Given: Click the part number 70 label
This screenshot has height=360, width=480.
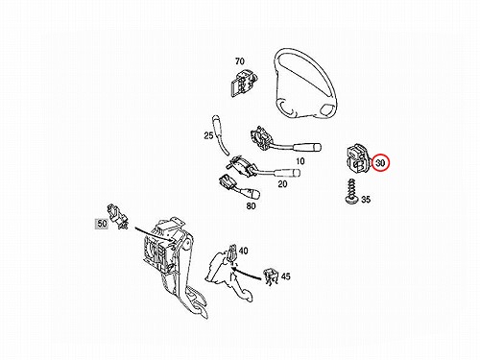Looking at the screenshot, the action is click(x=240, y=60).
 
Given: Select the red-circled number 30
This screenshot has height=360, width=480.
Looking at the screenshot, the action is click(x=380, y=163).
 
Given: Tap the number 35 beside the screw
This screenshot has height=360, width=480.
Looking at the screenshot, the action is click(x=366, y=200).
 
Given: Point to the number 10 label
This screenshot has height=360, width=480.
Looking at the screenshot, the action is click(x=300, y=161).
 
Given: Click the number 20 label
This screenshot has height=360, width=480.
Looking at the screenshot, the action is click(x=282, y=184).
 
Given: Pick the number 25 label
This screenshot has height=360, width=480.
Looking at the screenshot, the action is click(x=208, y=135).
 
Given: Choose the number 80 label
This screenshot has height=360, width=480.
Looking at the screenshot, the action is click(x=252, y=206).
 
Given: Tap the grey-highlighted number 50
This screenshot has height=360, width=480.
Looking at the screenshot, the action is click(x=102, y=224).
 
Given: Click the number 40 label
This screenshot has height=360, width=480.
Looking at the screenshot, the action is click(x=243, y=251).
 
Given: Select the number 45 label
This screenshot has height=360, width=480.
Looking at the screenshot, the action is click(x=285, y=276).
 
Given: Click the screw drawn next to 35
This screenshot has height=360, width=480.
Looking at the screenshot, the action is click(x=351, y=191).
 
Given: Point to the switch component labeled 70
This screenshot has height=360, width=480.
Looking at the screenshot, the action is click(x=243, y=82).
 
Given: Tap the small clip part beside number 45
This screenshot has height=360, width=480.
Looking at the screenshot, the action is click(x=271, y=276).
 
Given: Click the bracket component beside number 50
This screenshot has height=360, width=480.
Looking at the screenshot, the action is click(x=117, y=217).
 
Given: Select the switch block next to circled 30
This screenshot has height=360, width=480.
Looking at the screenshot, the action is click(x=358, y=158).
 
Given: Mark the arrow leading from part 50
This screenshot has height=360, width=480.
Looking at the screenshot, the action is click(x=153, y=234).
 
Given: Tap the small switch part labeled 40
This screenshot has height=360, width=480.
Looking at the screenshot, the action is click(x=233, y=253).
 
